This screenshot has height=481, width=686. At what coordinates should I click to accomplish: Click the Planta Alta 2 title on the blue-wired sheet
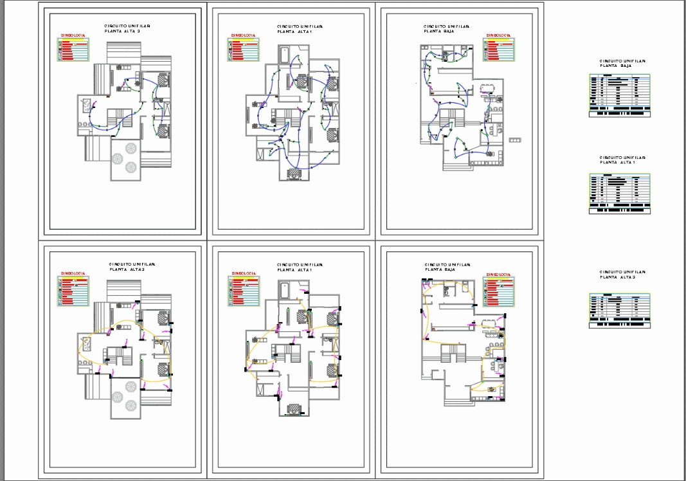tap(127, 28)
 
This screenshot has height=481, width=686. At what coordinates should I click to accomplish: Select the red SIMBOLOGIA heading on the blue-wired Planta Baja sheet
tap(499, 35)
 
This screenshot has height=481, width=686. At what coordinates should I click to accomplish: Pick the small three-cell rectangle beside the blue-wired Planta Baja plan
tap(515, 140)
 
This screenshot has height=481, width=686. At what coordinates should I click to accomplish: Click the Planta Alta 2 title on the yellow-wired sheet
tap(132, 267)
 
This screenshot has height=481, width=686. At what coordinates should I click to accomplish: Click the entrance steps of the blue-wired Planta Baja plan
tap(456, 167)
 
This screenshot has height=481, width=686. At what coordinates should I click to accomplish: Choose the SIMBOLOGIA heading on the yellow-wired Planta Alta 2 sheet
tap(73, 273)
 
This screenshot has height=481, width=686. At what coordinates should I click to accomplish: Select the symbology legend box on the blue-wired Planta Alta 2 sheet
tap(73, 50)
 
